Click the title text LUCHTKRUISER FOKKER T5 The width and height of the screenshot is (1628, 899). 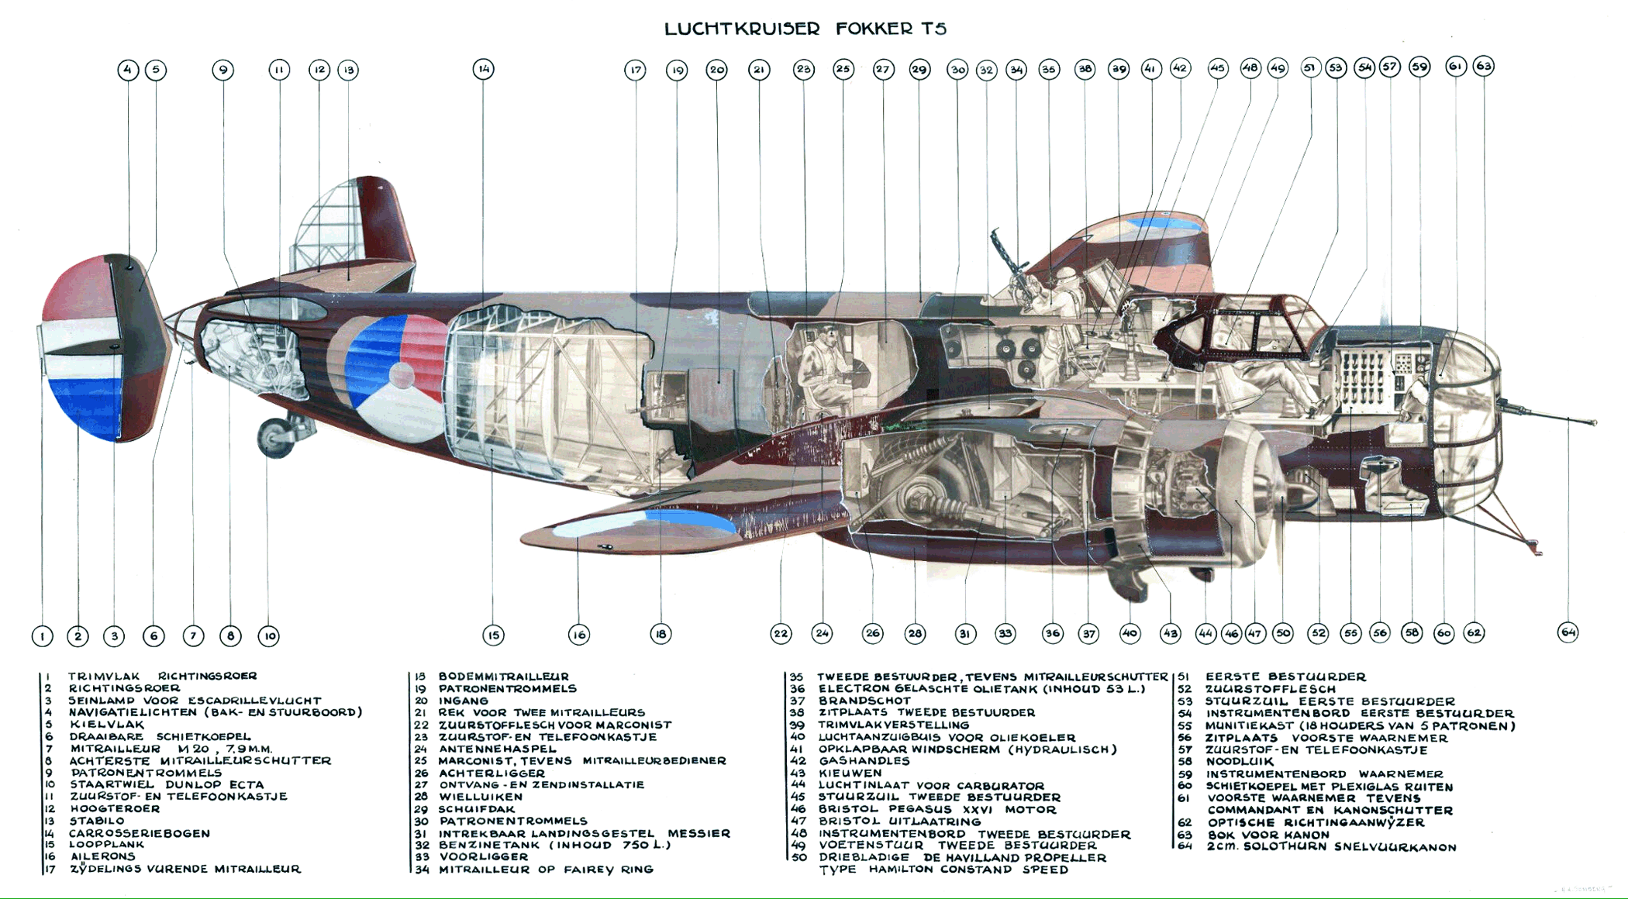pos(805,29)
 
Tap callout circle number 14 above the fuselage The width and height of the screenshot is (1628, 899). pos(484,69)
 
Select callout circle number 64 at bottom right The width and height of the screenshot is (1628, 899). pos(1568,632)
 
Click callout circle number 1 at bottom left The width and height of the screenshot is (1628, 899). pos(43,636)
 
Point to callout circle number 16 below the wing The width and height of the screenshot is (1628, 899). pos(579,635)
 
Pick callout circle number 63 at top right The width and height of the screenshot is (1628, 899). pos(1484,66)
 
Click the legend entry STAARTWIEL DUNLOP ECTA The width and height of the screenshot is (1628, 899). pos(167,784)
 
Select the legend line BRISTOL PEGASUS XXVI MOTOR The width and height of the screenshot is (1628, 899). pos(937,809)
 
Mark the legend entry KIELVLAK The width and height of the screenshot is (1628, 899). pos(106,725)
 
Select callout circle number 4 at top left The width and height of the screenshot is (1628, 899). pos(128,70)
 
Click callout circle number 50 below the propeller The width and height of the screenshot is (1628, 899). pos(1283,633)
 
